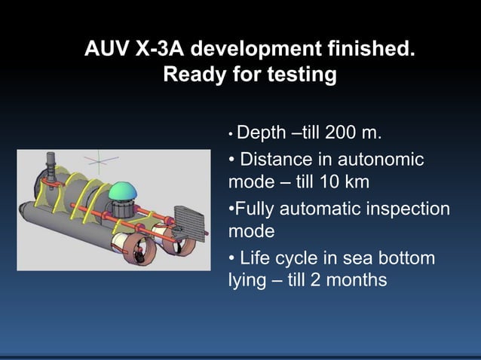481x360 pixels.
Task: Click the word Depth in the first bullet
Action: point(261,133)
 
